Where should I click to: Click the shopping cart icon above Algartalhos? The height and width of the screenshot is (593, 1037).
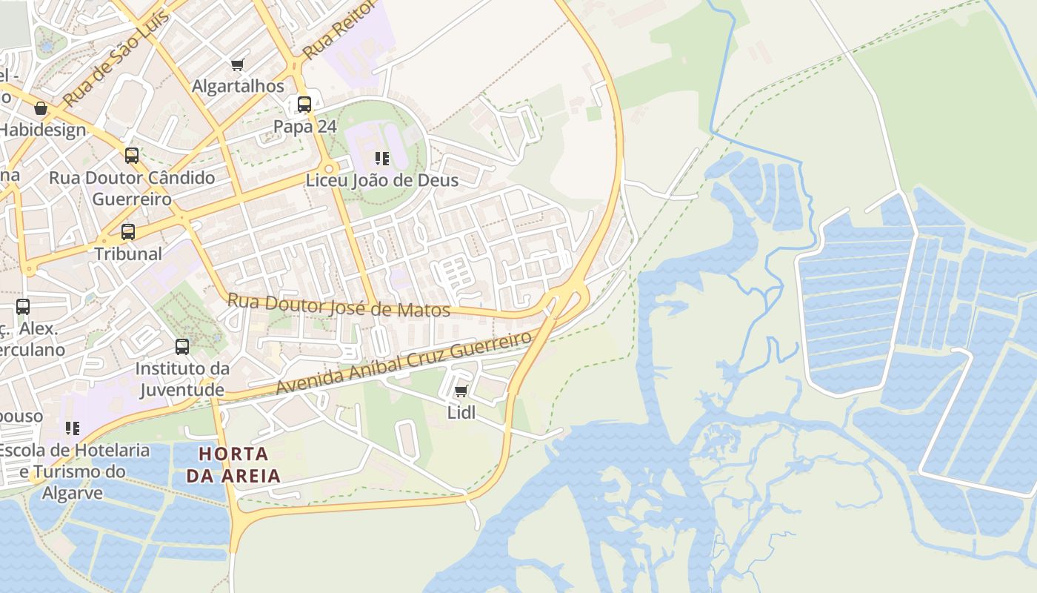click(237, 65)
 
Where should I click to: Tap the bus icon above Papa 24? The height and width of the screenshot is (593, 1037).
click(304, 105)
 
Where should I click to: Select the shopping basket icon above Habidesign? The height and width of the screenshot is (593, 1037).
click(41, 109)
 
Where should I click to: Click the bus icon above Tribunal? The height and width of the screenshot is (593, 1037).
click(128, 232)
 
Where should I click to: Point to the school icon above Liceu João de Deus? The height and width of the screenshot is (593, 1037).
click(382, 158)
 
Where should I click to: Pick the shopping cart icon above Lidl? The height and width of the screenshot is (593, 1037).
click(461, 391)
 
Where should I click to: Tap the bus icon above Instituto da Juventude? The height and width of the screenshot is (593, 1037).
click(182, 346)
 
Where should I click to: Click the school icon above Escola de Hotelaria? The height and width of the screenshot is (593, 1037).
click(73, 428)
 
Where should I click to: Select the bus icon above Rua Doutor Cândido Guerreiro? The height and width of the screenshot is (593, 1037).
click(132, 156)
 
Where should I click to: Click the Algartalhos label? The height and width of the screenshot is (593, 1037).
click(238, 86)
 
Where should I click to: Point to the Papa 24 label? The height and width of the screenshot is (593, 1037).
click(305, 126)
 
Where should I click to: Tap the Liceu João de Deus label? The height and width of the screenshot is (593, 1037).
click(382, 180)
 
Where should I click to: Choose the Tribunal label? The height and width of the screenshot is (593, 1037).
click(128, 254)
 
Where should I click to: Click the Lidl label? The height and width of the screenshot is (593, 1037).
click(461, 412)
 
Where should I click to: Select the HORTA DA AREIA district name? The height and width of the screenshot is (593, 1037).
click(233, 465)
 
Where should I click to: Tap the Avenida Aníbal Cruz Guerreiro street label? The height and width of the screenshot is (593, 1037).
click(404, 363)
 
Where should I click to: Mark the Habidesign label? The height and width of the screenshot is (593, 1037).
click(43, 130)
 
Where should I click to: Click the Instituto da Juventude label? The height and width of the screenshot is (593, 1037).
click(182, 379)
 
